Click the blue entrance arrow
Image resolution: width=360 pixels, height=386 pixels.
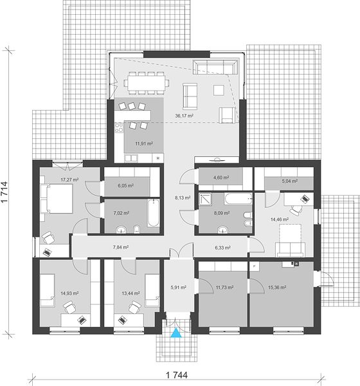click(x=176, y=333)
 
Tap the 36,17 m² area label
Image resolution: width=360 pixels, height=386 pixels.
click(x=184, y=115)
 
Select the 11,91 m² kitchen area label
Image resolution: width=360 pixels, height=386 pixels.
click(x=144, y=143)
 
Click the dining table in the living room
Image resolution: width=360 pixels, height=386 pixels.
click(x=147, y=83)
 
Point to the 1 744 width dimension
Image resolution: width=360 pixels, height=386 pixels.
click(x=177, y=375)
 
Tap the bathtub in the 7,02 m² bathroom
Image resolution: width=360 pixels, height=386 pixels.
click(x=154, y=213)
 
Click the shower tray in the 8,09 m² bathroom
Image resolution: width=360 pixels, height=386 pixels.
click(x=205, y=199)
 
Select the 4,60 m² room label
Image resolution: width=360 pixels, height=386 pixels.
click(x=221, y=178)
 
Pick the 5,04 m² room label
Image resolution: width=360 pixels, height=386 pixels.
click(x=290, y=181)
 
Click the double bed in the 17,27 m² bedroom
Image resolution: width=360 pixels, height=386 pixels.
click(x=57, y=198)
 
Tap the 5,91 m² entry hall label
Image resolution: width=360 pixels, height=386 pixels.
click(x=179, y=288)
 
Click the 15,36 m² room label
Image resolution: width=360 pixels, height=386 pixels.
click(x=277, y=288)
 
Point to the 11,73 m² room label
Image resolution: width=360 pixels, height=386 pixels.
click(x=224, y=288)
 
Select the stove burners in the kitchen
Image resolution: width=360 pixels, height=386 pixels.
click(x=119, y=128)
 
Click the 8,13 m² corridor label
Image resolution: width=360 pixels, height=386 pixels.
click(x=183, y=198)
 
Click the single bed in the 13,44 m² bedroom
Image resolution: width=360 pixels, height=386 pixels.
click(x=152, y=291)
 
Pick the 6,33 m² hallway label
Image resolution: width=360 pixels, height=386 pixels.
click(x=222, y=248)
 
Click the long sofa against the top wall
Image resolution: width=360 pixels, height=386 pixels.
click(x=215, y=67)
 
